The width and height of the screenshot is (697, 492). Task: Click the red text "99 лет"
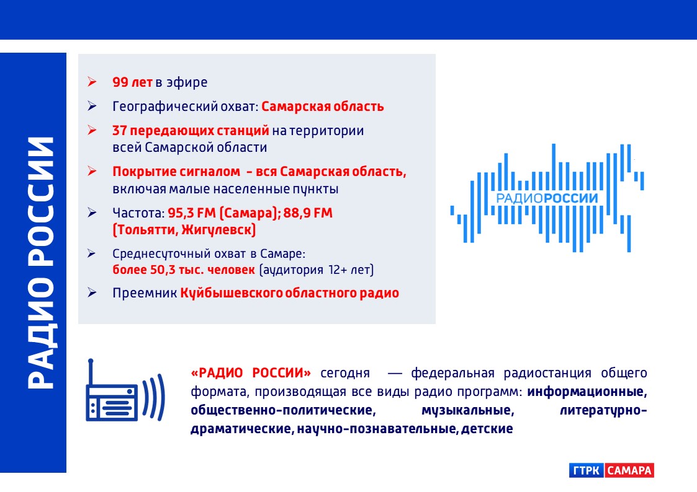pyautogui.click(x=132, y=82)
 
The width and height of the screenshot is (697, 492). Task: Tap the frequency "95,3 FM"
pyautogui.click(x=192, y=213)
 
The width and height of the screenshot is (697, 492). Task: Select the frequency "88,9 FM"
pyautogui.click(x=308, y=213)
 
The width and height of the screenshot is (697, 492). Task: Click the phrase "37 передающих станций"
pyautogui.click(x=191, y=131)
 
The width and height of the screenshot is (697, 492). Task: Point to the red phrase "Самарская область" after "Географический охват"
pyautogui.click(x=323, y=107)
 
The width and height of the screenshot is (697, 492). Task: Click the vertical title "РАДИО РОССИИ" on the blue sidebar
pyautogui.click(x=41, y=263)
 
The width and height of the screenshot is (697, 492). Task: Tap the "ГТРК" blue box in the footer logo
pyautogui.click(x=587, y=470)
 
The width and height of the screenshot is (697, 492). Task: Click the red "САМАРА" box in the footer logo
pyautogui.click(x=629, y=470)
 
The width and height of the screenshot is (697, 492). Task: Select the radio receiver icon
pyautogui.click(x=125, y=390)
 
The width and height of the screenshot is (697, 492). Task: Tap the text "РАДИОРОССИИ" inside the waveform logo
pyautogui.click(x=547, y=198)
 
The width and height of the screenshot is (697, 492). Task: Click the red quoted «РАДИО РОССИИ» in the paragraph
pyautogui.click(x=251, y=372)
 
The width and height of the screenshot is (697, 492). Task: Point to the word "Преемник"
pyautogui.click(x=145, y=293)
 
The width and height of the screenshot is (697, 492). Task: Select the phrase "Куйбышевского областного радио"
pyautogui.click(x=289, y=293)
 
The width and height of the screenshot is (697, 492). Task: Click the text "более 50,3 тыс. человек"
pyautogui.click(x=184, y=270)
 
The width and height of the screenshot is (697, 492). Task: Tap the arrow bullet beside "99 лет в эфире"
pyautogui.click(x=92, y=82)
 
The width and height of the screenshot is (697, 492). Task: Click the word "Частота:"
pyautogui.click(x=138, y=213)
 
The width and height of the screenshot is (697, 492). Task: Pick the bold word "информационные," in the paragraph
pyautogui.click(x=587, y=392)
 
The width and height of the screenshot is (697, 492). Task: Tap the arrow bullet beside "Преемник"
pyautogui.click(x=92, y=292)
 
